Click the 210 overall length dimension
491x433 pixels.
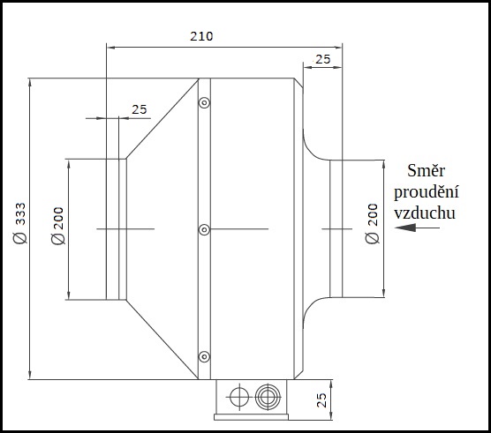[201, 36]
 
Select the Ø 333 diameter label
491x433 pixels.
[20, 223]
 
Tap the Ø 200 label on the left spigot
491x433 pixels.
[58, 226]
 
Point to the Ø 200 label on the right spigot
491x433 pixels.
[372, 223]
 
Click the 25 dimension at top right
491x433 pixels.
[323, 59]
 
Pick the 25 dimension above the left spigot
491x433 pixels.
[139, 109]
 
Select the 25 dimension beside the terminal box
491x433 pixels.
[321, 400]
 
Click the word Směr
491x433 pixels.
[426, 171]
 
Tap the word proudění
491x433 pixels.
[427, 191]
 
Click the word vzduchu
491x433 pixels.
[425, 213]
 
